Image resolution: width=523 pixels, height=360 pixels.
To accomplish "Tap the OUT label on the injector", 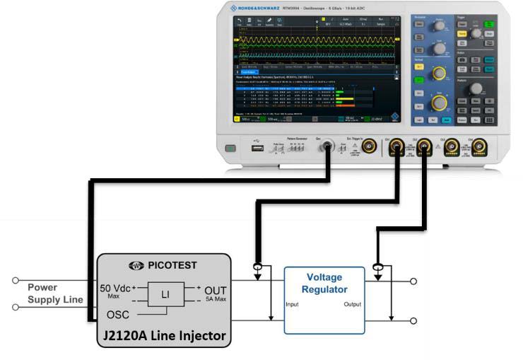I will pyautogui.click(x=216, y=290).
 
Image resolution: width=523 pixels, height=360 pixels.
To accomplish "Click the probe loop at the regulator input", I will pyautogui.click(x=255, y=268).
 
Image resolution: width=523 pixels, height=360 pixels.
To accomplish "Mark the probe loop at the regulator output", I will pyautogui.click(x=377, y=268).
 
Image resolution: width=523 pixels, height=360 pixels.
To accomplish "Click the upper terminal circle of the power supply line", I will pyautogui.click(x=16, y=281).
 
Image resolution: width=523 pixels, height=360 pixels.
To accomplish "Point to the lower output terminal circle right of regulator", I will pyautogui.click(x=413, y=320).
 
